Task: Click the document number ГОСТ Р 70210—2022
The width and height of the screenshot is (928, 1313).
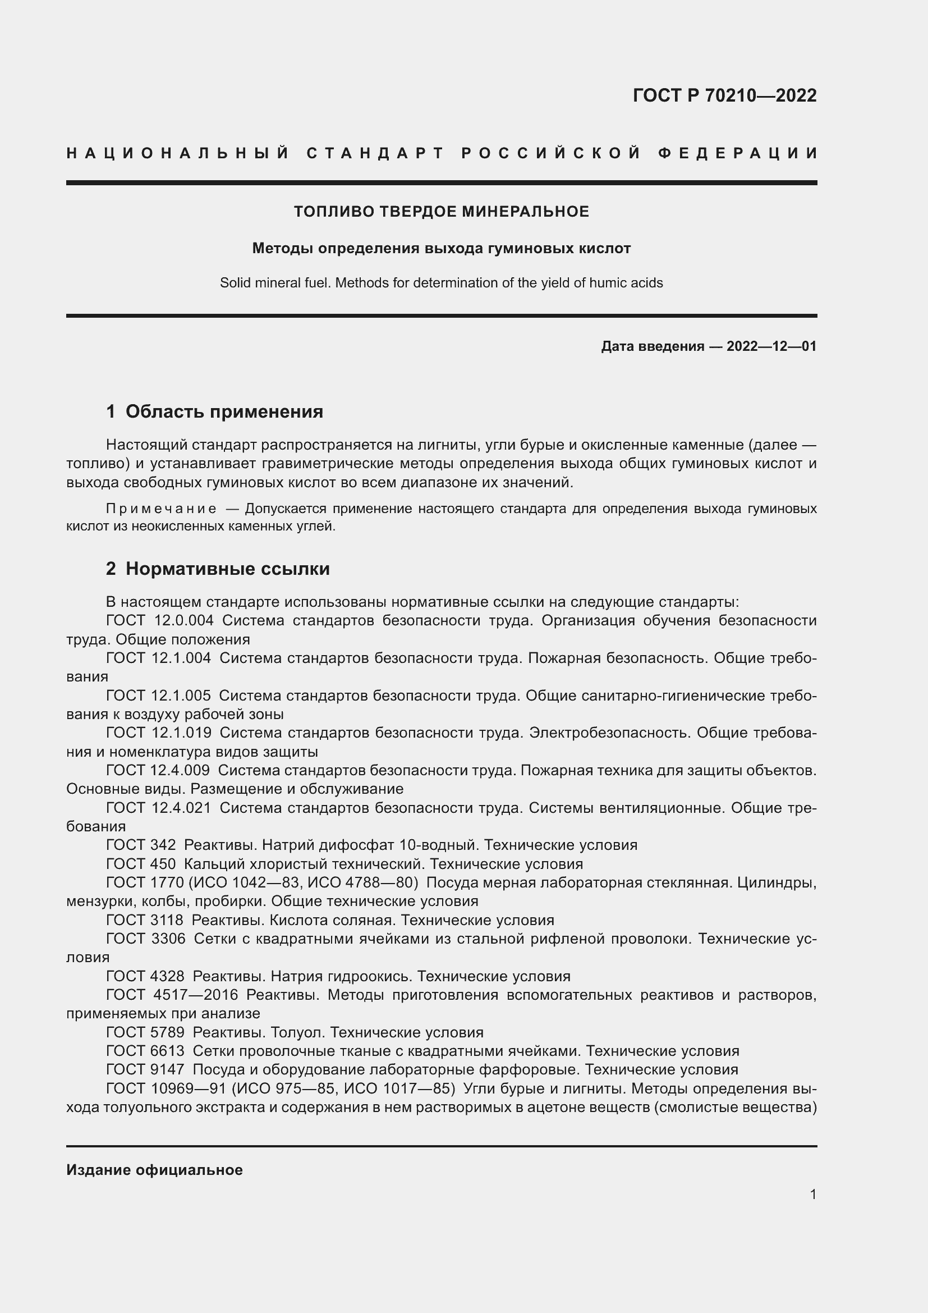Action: (724, 95)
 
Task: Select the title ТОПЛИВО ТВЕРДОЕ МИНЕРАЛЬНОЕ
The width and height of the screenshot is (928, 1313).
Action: (441, 212)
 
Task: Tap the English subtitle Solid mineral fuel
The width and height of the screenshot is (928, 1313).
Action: (441, 283)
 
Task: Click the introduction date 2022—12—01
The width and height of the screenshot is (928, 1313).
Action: (771, 346)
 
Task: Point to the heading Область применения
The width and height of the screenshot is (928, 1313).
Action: (224, 411)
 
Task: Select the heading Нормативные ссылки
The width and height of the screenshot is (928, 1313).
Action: (227, 569)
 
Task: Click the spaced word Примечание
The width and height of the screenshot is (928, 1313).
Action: (161, 509)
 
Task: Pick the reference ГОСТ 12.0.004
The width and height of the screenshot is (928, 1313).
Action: (160, 620)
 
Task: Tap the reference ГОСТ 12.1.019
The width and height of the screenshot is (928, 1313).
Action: (159, 733)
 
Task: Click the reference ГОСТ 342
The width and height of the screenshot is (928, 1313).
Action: (141, 845)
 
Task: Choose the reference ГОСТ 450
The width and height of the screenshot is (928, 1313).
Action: (141, 863)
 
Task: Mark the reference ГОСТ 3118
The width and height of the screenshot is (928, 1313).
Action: (145, 919)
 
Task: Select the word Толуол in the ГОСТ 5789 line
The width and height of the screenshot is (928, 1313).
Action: (296, 1032)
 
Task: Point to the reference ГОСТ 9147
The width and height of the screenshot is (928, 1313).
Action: (145, 1069)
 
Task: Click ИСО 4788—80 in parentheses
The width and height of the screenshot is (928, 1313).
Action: (361, 882)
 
